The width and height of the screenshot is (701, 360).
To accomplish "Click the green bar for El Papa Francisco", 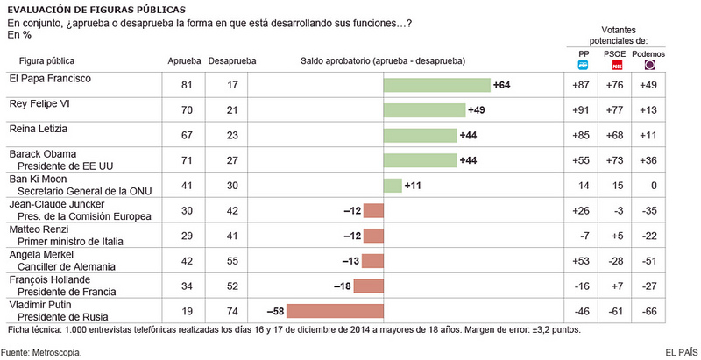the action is (x=436, y=85).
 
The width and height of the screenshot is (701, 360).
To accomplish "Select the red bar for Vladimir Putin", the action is (x=335, y=311).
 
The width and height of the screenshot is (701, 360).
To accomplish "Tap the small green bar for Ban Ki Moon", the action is (x=393, y=186).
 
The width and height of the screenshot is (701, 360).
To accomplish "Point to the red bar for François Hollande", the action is (x=368, y=286).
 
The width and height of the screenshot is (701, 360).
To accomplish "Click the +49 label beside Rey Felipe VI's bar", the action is (x=476, y=109).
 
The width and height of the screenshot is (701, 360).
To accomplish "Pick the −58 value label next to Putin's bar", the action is (x=275, y=311).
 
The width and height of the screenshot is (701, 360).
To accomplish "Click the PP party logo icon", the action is (x=583, y=65).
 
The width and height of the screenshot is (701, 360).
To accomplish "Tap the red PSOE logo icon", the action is (x=617, y=65).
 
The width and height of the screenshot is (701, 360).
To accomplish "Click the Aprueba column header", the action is (x=184, y=61).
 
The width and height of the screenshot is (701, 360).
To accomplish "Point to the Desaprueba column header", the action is (x=232, y=61).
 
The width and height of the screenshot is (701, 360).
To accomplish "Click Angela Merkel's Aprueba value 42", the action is (x=187, y=261).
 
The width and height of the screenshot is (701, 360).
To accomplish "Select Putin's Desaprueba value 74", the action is (x=232, y=311).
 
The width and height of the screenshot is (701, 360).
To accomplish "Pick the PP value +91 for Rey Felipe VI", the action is (x=581, y=109).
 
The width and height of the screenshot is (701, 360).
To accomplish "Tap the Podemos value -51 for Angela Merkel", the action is (x=648, y=261).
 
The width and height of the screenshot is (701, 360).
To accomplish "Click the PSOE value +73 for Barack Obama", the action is (x=615, y=160).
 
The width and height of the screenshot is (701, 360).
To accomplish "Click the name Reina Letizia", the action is (x=39, y=129).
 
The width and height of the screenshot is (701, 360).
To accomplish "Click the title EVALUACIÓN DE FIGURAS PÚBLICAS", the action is (x=96, y=10).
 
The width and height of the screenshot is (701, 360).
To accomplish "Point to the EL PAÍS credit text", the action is (x=682, y=352).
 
